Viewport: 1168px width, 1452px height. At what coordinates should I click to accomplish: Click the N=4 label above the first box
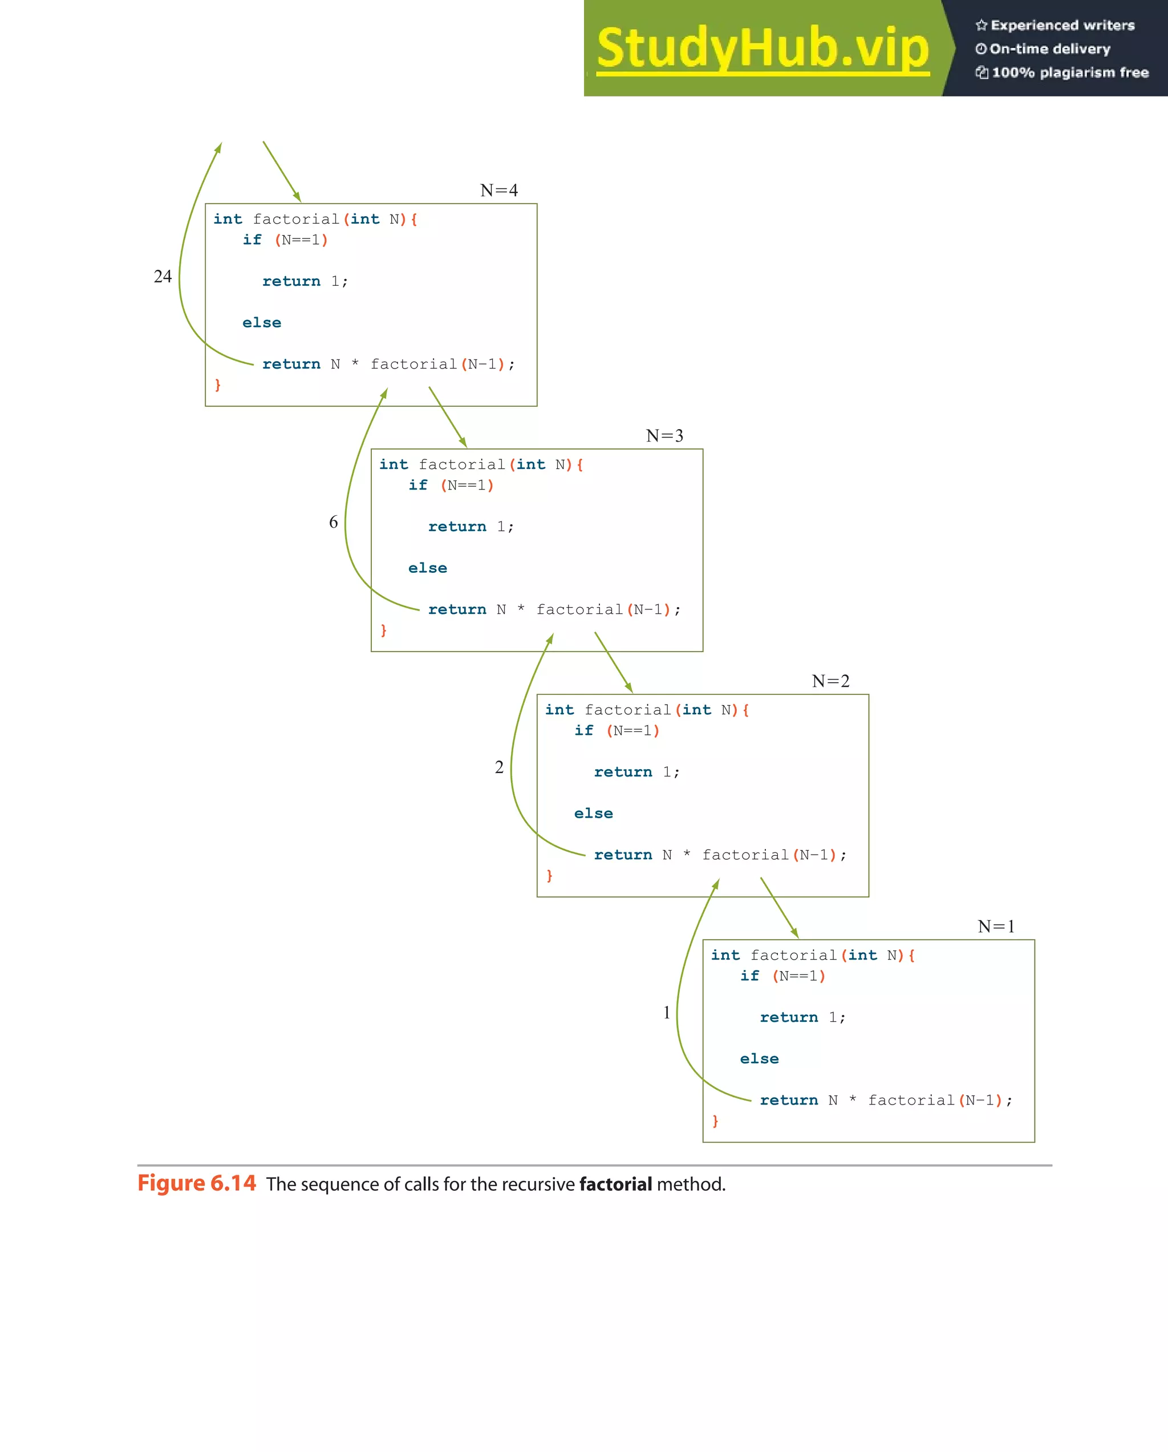coord(499,191)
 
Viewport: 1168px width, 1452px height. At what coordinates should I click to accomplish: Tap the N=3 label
coord(664,436)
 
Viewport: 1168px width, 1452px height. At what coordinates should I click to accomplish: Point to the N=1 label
coord(996,927)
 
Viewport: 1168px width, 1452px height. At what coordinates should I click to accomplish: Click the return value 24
coord(163,276)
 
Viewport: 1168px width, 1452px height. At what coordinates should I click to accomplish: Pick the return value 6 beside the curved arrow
coord(333,522)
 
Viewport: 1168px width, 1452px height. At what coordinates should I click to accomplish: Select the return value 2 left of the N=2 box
coord(499,767)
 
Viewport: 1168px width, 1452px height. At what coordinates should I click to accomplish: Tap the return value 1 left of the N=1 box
coord(667,1013)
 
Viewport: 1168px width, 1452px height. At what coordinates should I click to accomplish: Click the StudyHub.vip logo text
coord(763,48)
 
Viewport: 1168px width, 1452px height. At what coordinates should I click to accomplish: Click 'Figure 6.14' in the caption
coord(197,1183)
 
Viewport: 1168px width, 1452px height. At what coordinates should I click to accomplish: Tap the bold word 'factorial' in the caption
coord(615,1184)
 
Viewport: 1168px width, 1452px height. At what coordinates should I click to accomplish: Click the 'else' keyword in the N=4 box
coord(262,322)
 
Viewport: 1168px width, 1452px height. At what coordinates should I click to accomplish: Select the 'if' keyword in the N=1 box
coord(749,976)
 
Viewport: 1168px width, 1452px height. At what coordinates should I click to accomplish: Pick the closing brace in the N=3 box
coord(384,630)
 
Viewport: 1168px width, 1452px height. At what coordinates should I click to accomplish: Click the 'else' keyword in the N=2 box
coord(593,814)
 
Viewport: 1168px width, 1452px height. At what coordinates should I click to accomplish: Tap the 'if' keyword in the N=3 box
coord(417,485)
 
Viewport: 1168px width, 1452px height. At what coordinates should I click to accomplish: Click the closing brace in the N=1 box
coord(715,1121)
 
